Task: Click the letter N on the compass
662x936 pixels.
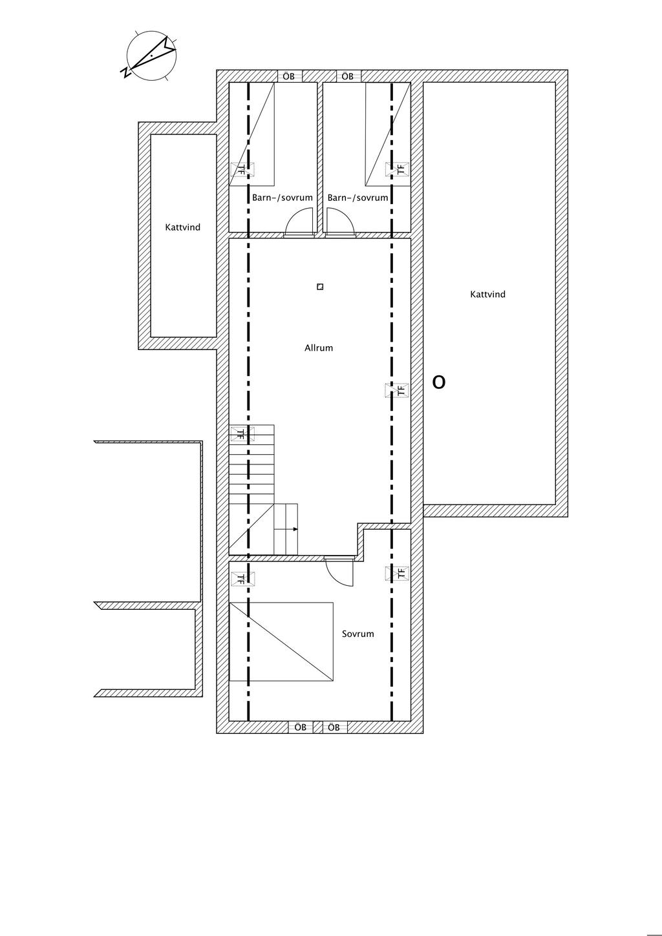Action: [125, 72]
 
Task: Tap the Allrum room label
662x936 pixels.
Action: [319, 348]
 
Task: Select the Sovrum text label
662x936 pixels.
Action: [358, 634]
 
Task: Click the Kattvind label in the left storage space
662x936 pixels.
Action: [183, 227]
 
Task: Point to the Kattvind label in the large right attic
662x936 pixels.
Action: [487, 294]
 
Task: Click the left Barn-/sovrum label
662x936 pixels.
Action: [283, 198]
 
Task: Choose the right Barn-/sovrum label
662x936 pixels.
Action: [358, 198]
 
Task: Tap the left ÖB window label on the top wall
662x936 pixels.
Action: [288, 76]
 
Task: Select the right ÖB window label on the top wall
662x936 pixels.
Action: [348, 76]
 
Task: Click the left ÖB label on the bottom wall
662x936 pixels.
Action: [300, 727]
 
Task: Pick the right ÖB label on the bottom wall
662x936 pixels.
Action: [334, 727]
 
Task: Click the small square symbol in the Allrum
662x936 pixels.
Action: [320, 287]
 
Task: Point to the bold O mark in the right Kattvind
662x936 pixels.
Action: [438, 382]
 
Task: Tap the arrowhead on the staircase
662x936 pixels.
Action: [295, 529]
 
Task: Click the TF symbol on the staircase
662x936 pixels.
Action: [242, 433]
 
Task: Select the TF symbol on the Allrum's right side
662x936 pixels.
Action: [397, 390]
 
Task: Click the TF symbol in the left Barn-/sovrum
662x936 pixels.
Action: [242, 169]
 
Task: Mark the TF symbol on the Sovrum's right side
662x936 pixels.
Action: [397, 574]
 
